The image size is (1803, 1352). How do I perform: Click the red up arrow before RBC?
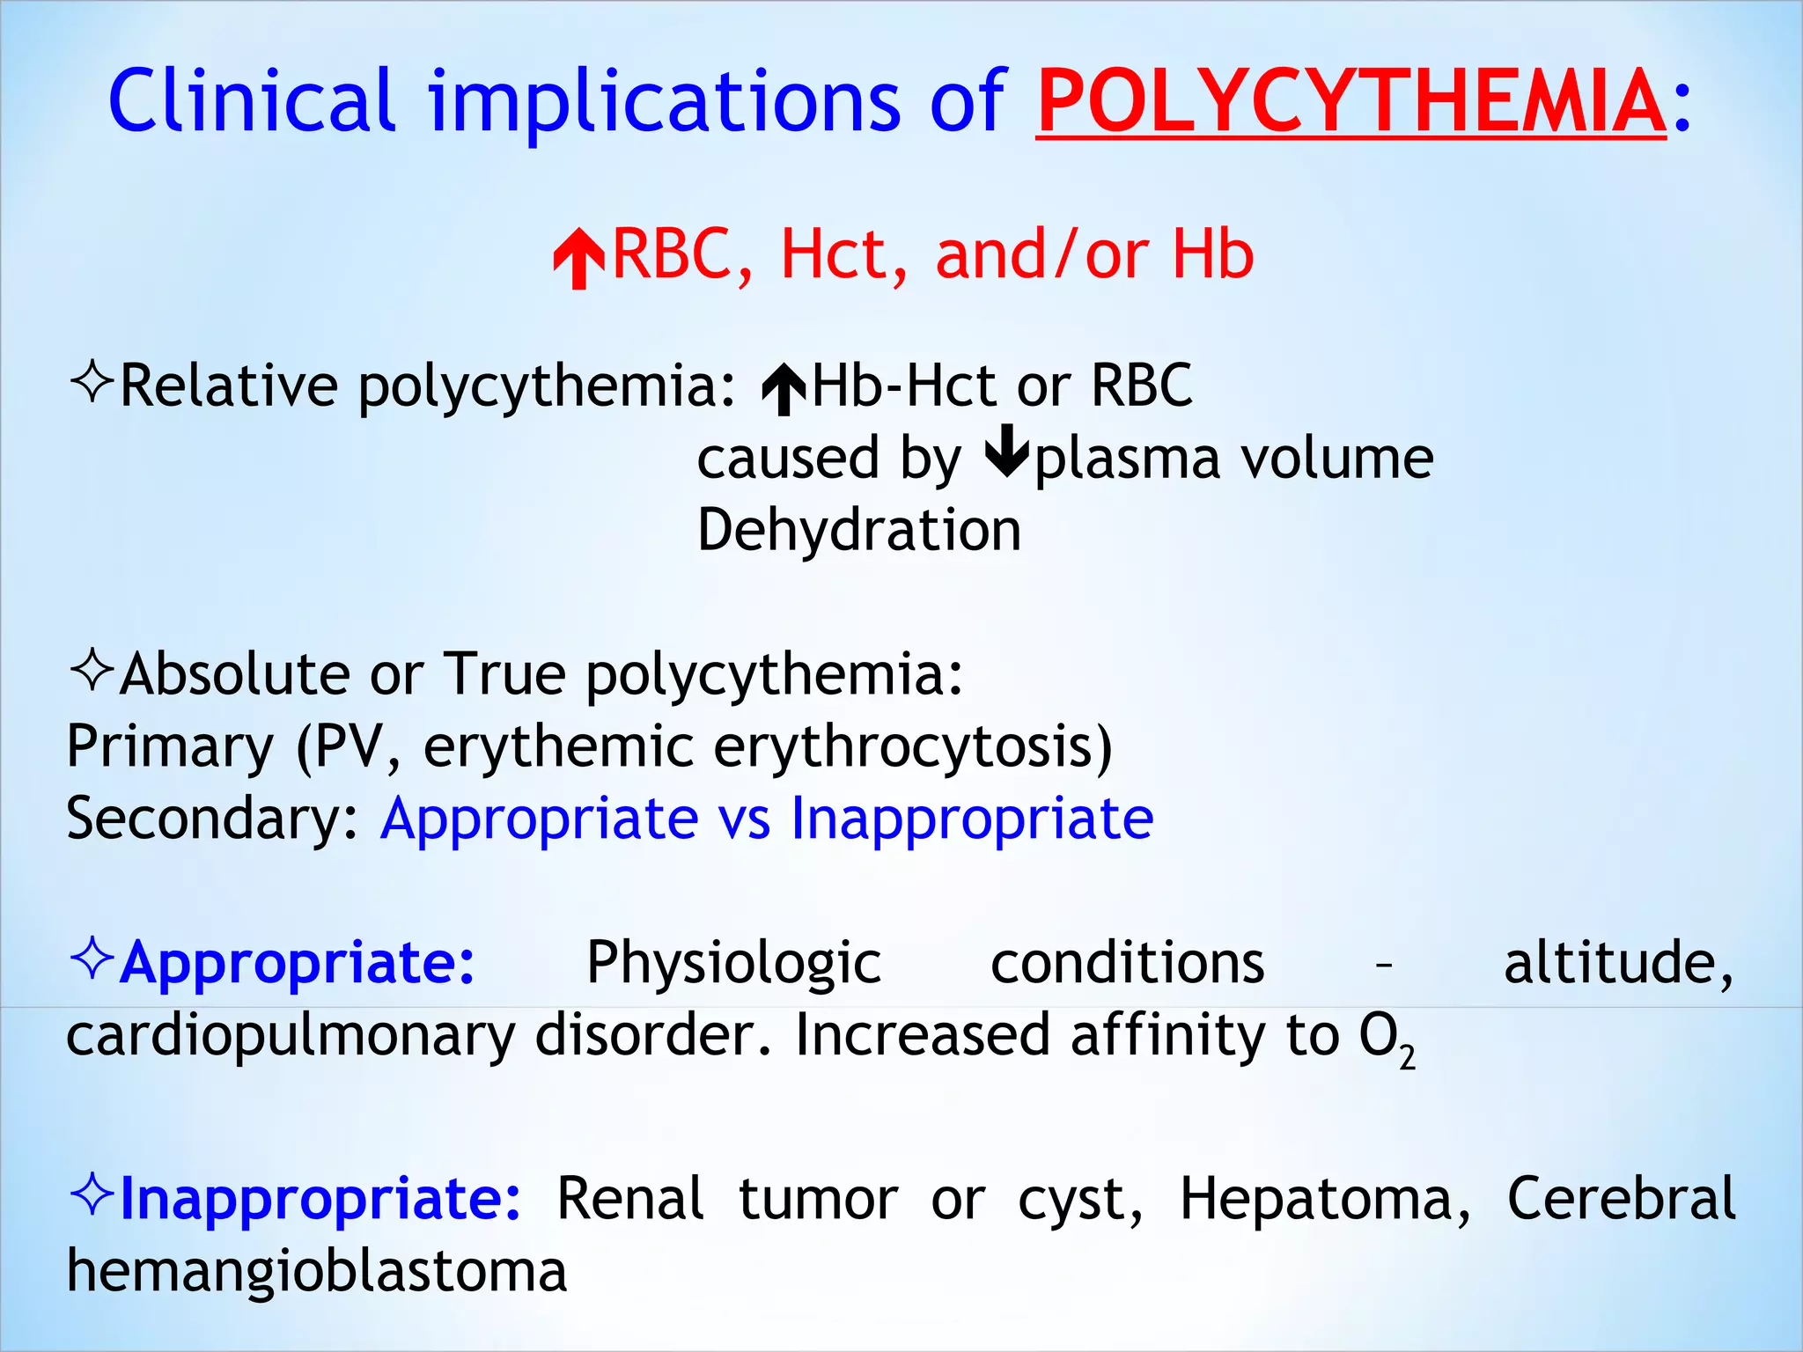click(578, 258)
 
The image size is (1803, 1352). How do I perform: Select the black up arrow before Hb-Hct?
click(784, 390)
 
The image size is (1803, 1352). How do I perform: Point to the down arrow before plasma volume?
click(1006, 452)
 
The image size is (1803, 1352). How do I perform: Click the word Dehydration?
click(858, 530)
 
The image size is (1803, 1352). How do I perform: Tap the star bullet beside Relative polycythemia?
click(92, 383)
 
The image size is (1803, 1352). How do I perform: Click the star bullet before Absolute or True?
click(92, 671)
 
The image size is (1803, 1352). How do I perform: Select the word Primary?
click(170, 746)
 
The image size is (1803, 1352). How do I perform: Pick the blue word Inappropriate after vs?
click(972, 819)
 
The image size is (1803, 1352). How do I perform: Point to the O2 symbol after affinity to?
click(1386, 1039)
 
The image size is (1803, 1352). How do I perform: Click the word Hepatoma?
click(1324, 1199)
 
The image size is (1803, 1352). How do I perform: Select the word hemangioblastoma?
click(317, 1271)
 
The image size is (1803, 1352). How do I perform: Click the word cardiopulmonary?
click(291, 1037)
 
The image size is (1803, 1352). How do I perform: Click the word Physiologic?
click(733, 962)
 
